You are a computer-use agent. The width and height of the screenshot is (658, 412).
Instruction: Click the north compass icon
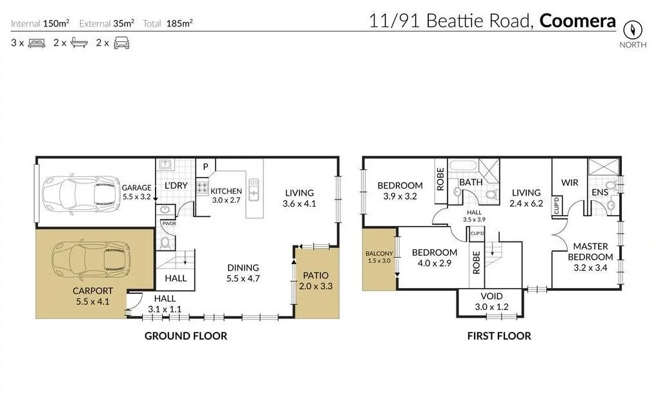point(633,30)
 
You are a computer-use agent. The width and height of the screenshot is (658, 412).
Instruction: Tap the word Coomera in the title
point(577,20)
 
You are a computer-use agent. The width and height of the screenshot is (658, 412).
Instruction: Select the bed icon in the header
point(36,43)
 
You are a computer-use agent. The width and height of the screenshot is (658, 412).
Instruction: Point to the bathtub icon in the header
point(79,43)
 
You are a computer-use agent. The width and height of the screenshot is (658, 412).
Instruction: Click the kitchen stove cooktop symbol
point(201,189)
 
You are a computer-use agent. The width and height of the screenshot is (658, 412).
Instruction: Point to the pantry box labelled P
point(205,167)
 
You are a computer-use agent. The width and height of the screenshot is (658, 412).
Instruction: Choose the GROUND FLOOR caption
point(185,336)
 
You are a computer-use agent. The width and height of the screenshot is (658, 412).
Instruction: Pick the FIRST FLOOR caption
point(499,336)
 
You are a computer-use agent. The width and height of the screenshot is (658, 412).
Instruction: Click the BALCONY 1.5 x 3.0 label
point(379,257)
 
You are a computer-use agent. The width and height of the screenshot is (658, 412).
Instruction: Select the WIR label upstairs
point(570,183)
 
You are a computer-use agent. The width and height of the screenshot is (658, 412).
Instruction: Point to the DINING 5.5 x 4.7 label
point(242,273)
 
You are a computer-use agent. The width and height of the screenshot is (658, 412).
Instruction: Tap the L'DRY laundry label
point(175,185)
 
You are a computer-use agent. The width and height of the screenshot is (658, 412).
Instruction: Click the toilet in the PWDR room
point(166,243)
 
